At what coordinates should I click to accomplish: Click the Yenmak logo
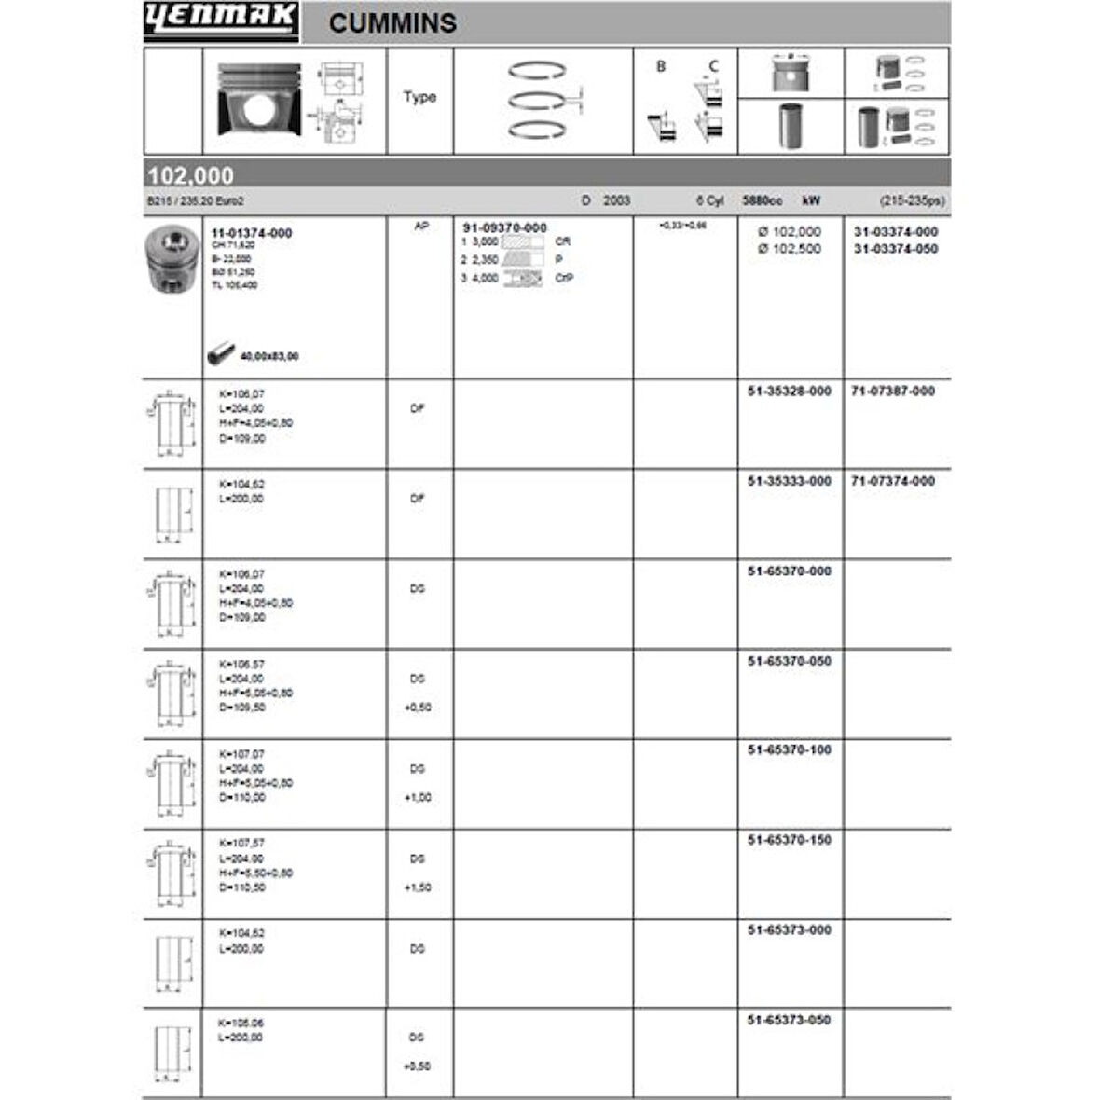pyautogui.click(x=221, y=21)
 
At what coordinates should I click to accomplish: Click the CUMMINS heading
pyautogui.click(x=392, y=23)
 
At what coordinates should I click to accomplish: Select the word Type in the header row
pyautogui.click(x=419, y=97)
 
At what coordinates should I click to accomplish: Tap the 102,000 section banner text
pyautogui.click(x=190, y=175)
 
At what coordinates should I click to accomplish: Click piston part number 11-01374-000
pyautogui.click(x=252, y=233)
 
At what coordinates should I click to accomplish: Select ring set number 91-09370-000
pyautogui.click(x=505, y=227)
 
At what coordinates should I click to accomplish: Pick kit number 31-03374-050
pyautogui.click(x=896, y=249)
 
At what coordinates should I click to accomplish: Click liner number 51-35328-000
pyautogui.click(x=789, y=392)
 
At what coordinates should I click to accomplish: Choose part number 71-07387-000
pyautogui.click(x=893, y=392)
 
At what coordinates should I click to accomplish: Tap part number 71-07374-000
pyautogui.click(x=893, y=481)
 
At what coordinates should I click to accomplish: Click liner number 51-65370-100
pyautogui.click(x=789, y=749)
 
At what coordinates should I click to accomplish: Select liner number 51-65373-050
pyautogui.click(x=789, y=1020)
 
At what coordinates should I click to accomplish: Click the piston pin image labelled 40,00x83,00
pyautogui.click(x=222, y=354)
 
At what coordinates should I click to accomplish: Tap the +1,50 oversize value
pyautogui.click(x=418, y=887)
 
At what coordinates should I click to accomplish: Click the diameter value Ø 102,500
pyautogui.click(x=790, y=249)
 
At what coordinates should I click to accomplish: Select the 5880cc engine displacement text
pyautogui.click(x=762, y=200)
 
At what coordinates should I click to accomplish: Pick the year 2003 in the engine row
pyautogui.click(x=616, y=200)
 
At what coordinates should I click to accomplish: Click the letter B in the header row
pyautogui.click(x=661, y=67)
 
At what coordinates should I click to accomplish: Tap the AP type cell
pyautogui.click(x=419, y=227)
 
